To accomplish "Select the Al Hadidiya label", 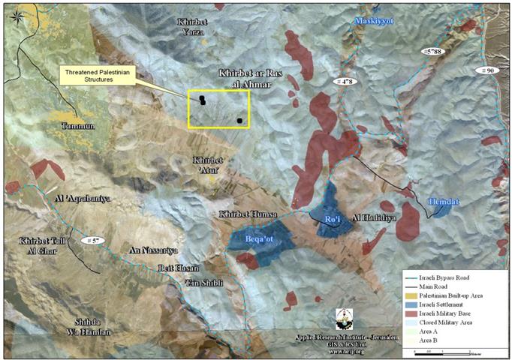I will click(x=366, y=220).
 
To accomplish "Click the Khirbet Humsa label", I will click(x=239, y=214).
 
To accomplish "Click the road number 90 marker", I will click(x=490, y=70).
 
